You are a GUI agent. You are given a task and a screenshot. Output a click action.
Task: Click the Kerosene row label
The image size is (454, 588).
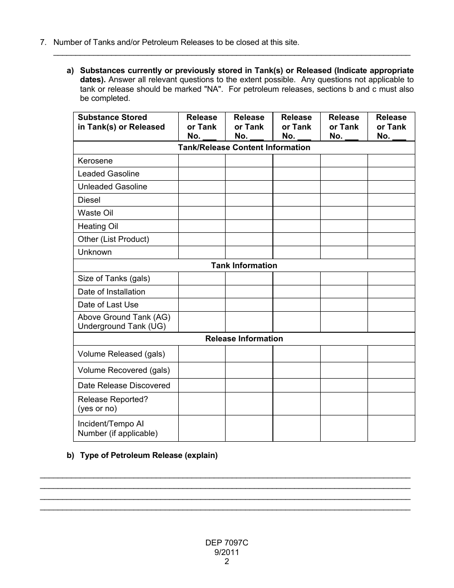coord(95,161)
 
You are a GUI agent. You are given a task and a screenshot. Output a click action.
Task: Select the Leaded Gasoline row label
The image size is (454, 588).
coord(108,174)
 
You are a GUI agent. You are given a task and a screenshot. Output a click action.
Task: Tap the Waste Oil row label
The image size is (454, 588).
coord(96,213)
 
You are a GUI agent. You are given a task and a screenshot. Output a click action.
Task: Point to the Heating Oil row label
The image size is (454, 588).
coord(98,226)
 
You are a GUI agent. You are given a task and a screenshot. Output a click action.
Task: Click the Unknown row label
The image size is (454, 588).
coord(95,252)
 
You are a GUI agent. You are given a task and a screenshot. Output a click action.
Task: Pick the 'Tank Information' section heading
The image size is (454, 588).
coord(244,265)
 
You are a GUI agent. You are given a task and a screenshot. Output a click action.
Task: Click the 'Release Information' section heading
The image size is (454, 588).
coord(244,338)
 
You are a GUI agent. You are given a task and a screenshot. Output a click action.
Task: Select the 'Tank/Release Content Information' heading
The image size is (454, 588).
coord(244,147)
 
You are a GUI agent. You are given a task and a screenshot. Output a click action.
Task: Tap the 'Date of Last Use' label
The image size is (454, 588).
coord(108,305)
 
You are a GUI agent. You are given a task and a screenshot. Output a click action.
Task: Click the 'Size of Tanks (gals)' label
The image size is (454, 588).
coord(114,278)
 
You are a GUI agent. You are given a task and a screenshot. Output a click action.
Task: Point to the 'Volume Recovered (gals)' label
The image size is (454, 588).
coord(124,370)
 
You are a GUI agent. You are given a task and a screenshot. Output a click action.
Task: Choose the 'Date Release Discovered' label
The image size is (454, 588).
coord(124,385)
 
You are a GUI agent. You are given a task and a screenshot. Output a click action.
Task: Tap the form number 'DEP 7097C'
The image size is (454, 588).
coord(227,543)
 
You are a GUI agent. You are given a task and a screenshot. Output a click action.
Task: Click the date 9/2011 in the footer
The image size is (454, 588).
coord(227,552)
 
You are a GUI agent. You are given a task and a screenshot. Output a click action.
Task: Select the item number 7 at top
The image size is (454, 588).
coord(43,42)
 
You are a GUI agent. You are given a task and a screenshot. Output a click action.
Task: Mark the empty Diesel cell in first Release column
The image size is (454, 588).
coord(202,200)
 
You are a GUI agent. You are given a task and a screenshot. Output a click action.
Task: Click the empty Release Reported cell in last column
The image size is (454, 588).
coord(391,403)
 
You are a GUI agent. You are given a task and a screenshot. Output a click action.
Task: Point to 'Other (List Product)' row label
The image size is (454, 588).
coord(113,239)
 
